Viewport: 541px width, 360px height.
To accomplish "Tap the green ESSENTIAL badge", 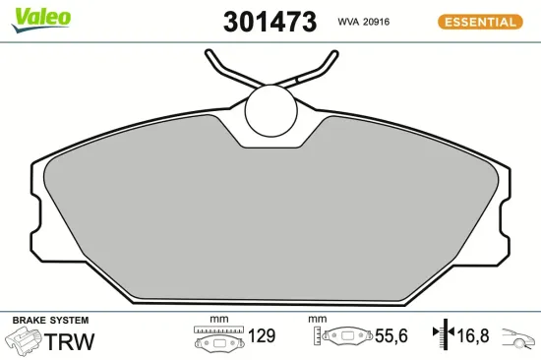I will pos(478,22).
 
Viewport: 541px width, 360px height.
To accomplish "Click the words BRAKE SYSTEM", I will pos(49,321).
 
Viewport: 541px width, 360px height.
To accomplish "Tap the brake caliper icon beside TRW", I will pos(24,340).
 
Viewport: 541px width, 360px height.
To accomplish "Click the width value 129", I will pos(261,337).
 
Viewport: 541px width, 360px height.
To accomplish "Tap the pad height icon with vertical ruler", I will pos(337,337).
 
